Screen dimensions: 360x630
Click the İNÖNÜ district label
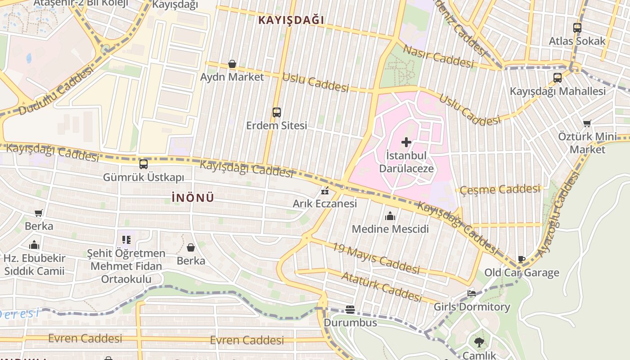pyautogui.click(x=193, y=198)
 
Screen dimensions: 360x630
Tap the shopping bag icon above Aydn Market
pyautogui.click(x=232, y=64)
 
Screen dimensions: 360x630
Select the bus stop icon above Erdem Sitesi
pyautogui.click(x=276, y=112)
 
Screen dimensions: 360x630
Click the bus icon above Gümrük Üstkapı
pyautogui.click(x=144, y=164)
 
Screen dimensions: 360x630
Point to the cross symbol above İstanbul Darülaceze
pyautogui.click(x=406, y=143)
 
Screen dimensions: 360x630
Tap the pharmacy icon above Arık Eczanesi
pyautogui.click(x=325, y=191)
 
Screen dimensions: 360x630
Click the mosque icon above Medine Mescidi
pyautogui.click(x=390, y=216)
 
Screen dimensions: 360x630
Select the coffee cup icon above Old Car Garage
pyautogui.click(x=522, y=259)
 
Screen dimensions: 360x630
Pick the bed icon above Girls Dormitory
pyautogui.click(x=472, y=293)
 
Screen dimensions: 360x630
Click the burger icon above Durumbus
pyautogui.click(x=350, y=309)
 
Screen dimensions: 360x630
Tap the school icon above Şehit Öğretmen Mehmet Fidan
pyautogui.click(x=126, y=240)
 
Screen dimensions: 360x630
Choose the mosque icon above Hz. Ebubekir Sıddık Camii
pyautogui.click(x=34, y=245)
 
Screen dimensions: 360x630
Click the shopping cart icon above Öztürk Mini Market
pyautogui.click(x=587, y=123)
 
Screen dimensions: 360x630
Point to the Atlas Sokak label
pyautogui.click(x=577, y=41)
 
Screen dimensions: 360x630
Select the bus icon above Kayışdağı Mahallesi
pyautogui.click(x=558, y=78)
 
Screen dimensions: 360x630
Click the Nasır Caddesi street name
pyautogui.click(x=438, y=57)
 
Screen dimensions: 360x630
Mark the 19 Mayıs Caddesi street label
pyautogui.click(x=376, y=258)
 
